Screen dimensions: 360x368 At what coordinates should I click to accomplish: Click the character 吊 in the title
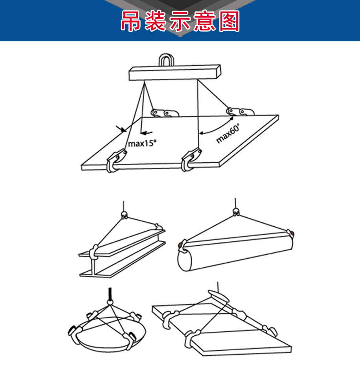tap(131, 21)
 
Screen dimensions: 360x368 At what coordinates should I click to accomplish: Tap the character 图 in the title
tap(229, 21)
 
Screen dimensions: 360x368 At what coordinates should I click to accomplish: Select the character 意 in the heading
tap(204, 21)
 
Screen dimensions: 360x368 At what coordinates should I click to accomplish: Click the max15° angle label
tap(142, 143)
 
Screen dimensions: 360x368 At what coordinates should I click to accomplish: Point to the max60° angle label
tap(228, 133)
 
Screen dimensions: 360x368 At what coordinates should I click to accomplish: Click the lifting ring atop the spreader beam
tap(166, 60)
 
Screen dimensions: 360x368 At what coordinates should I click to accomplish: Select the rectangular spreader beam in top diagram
tap(175, 73)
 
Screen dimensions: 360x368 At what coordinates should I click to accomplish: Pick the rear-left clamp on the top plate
tap(164, 113)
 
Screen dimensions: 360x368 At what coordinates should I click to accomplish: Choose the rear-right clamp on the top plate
tap(240, 111)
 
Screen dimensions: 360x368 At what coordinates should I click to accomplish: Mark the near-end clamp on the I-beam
tap(94, 252)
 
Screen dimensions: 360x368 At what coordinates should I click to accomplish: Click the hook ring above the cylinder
tap(236, 212)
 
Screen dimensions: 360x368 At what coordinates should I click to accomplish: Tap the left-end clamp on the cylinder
tap(182, 246)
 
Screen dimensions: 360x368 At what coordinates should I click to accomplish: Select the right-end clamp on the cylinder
tap(291, 233)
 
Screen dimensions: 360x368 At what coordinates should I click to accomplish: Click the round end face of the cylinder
tap(185, 261)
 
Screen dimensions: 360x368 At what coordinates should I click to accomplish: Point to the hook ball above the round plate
tap(110, 302)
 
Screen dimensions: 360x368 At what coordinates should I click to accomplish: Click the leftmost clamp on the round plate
tap(74, 332)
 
